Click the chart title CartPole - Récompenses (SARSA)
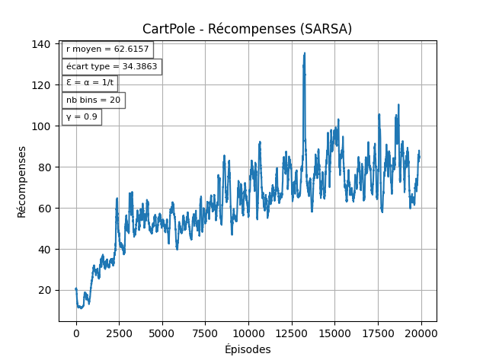coord(247,30)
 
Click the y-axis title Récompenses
coord(22,182)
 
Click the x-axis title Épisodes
coord(248,349)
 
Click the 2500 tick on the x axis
coord(119,333)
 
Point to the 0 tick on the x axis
coord(76,333)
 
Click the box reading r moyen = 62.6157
coord(107,49)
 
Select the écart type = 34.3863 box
coord(111,67)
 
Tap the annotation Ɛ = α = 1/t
coord(89,83)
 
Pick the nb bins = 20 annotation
coord(93,100)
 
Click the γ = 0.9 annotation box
coord(82,117)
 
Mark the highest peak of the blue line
coord(305,53)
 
